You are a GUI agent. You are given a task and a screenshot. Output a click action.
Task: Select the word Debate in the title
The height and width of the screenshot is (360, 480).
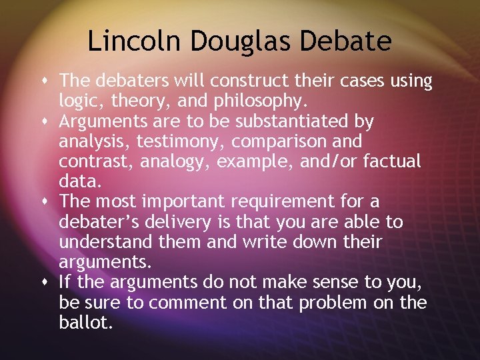[346, 41]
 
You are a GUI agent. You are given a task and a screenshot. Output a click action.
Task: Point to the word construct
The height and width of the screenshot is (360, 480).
[216, 81]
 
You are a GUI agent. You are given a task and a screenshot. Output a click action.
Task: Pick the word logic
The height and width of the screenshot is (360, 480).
[77, 101]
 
